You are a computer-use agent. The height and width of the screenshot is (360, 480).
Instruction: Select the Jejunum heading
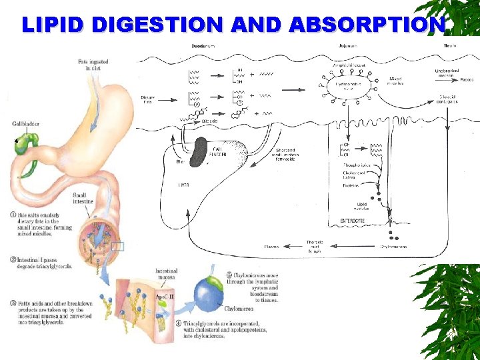[x=341, y=45]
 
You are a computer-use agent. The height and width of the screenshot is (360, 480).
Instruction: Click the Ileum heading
[x=451, y=45]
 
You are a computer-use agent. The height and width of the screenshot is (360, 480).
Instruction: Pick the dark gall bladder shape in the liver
[x=199, y=152]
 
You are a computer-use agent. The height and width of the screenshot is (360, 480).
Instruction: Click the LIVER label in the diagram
[x=183, y=184]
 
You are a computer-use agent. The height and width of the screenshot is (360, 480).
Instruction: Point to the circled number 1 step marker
[x=13, y=215]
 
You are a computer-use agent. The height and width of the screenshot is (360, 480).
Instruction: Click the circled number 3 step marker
[x=13, y=303]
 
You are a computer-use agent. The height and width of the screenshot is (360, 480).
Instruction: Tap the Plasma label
[x=272, y=247]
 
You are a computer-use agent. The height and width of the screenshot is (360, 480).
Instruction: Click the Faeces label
[x=466, y=79]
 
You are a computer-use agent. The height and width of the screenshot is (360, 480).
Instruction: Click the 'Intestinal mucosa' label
[x=166, y=274]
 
